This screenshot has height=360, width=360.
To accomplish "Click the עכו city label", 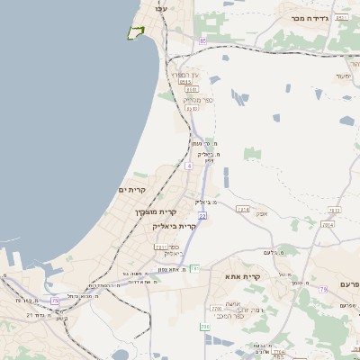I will (161, 7).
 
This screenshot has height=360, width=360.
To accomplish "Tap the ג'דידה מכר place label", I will (309, 17).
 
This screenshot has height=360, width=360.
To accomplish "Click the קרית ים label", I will (131, 190).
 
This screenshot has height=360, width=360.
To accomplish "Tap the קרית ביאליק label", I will (174, 225).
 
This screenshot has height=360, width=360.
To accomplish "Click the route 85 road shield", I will (202, 40).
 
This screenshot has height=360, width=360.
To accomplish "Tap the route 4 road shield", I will (189, 166).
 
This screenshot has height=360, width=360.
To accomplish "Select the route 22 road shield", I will (202, 216).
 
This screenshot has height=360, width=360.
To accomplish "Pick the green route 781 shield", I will (194, 267).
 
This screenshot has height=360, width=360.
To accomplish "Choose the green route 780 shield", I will (204, 327).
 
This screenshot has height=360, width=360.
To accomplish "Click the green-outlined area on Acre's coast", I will (135, 32).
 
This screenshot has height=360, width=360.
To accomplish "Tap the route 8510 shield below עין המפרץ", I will (190, 89).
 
